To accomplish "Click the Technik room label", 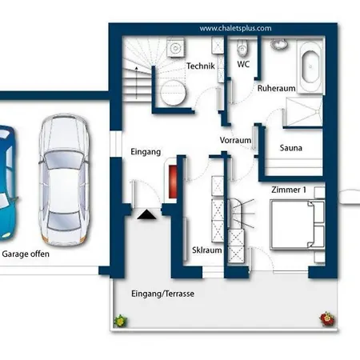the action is coord(201,66).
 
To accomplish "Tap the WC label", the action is coord(243,64).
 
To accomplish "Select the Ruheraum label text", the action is coord(276,88).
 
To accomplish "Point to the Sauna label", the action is coord(290,148).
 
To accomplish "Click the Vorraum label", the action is coord(235,140).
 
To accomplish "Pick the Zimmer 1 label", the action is coord(289,190).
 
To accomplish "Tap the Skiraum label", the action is coord(207,250).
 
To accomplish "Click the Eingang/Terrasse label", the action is coord(162,294).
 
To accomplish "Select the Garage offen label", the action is coord(26,254).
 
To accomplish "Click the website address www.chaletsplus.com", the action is coord(235,28).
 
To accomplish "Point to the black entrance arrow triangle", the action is coord(146,214).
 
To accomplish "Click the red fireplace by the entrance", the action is coord(173,182).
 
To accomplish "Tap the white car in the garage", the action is coord(64,180).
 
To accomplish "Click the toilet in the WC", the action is coord(242,48).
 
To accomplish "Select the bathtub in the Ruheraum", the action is coord(310,66).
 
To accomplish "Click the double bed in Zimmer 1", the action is coord(298,226).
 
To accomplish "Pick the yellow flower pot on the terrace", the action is coord(120,321).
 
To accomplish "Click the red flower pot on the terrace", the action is coord(327,319).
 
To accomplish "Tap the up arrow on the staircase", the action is coord(136,82).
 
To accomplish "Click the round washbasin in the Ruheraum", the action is coord(279,44).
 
